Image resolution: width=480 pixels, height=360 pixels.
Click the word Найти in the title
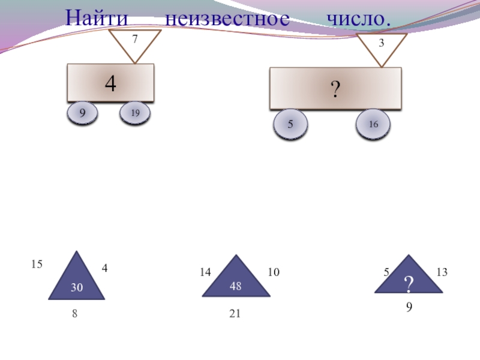[97, 18]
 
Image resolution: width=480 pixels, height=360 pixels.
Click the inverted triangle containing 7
[135, 44]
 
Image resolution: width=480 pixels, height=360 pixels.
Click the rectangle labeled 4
[110, 83]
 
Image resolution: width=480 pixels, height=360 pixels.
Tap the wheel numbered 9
[82, 112]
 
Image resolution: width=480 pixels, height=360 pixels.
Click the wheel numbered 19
[135, 113]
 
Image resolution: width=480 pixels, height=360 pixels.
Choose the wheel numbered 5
[290, 124]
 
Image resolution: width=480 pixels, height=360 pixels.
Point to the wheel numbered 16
[373, 124]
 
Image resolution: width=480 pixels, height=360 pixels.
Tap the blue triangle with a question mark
[409, 278]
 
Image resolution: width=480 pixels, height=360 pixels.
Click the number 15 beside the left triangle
[37, 264]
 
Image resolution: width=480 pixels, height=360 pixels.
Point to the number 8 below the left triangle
[75, 314]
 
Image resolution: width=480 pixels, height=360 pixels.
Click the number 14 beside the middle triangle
[206, 272]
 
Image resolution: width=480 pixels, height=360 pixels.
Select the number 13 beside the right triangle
[442, 272]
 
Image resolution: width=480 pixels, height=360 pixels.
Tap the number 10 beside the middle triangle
[274, 272]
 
